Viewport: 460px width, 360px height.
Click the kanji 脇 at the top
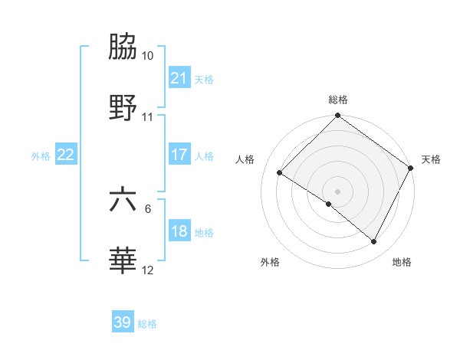(x=123, y=47)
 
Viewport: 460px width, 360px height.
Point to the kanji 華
(x=123, y=261)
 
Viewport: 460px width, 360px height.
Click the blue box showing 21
(x=179, y=78)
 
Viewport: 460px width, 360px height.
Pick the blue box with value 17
(x=179, y=154)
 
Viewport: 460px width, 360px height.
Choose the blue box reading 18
(x=179, y=231)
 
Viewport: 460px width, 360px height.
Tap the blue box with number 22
(x=66, y=154)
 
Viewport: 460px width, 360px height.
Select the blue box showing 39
(x=123, y=322)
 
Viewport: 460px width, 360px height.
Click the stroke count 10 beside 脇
(x=148, y=56)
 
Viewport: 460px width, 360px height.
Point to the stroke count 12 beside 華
(x=148, y=270)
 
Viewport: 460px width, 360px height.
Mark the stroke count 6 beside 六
(x=149, y=208)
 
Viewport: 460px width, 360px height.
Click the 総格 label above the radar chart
(x=338, y=100)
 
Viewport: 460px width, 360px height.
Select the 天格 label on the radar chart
(x=431, y=159)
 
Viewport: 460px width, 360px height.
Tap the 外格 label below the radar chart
(x=270, y=263)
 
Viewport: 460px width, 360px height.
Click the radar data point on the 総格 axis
(x=337, y=116)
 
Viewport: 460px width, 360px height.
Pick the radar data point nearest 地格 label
(x=374, y=242)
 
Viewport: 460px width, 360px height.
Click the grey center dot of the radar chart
(x=337, y=191)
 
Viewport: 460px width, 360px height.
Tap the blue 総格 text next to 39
(x=147, y=324)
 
